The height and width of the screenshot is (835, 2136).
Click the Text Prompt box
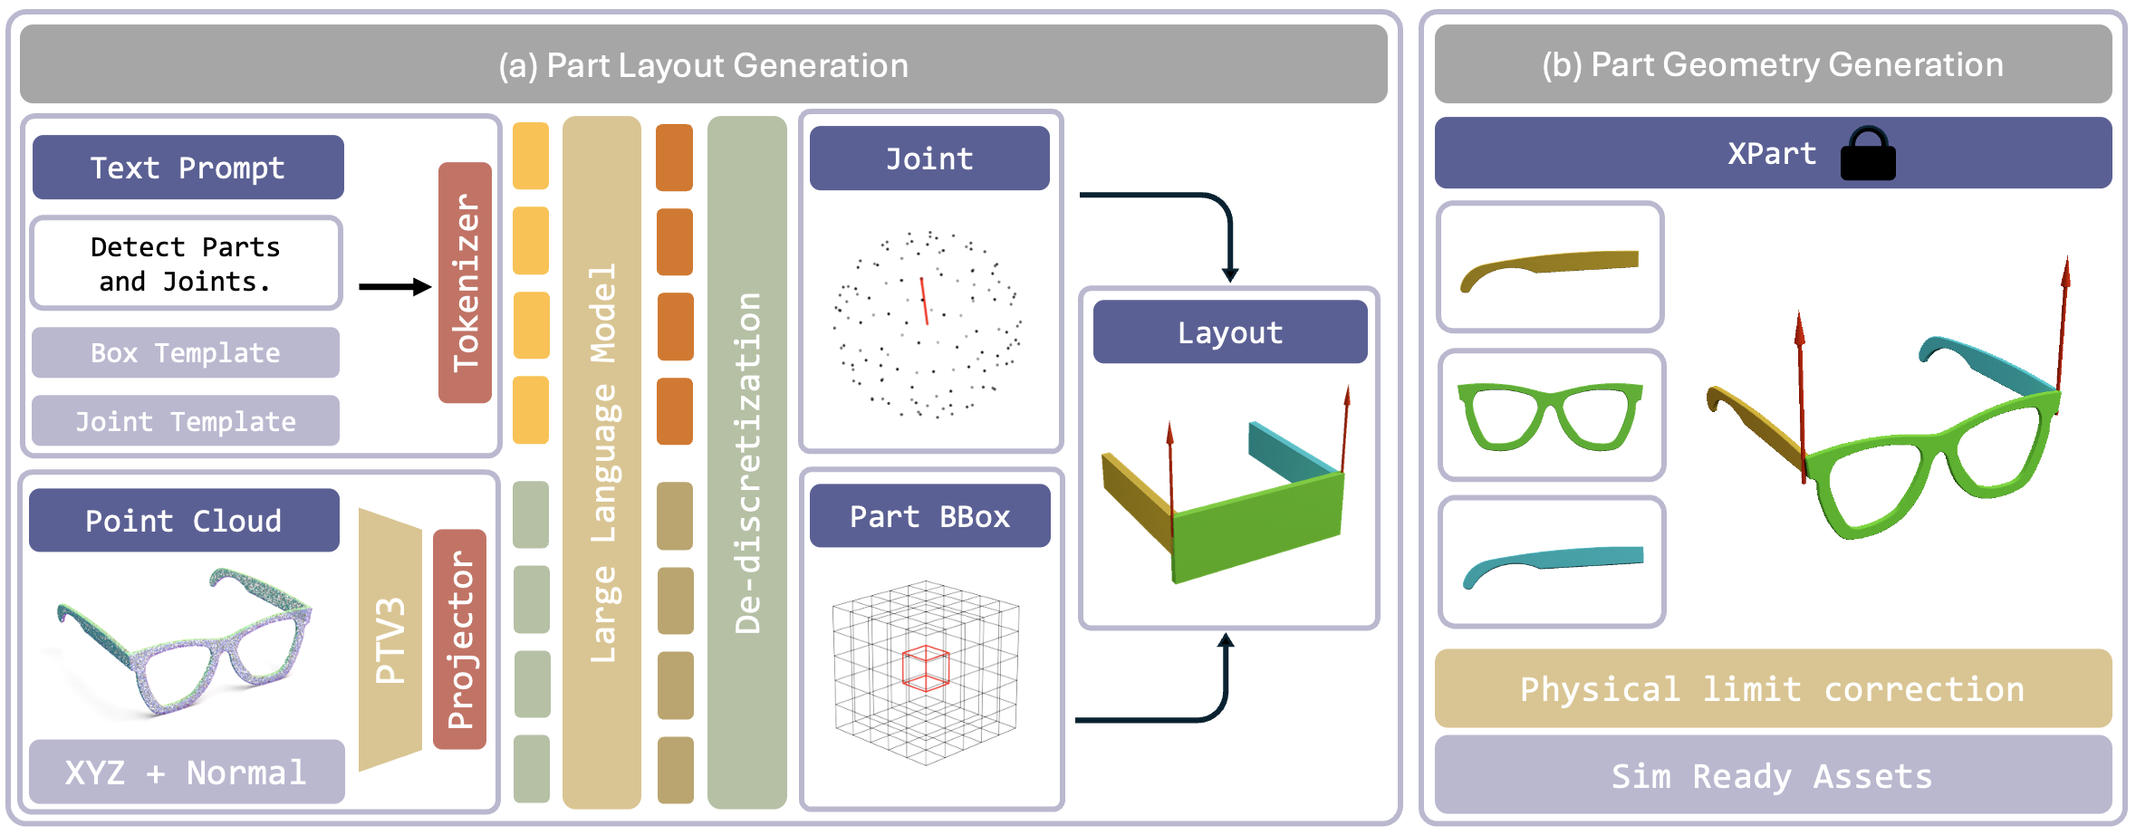(x=188, y=168)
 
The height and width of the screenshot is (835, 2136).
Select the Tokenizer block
(x=465, y=283)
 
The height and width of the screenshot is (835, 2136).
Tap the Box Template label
(x=186, y=352)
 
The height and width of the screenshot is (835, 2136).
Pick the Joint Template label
(x=186, y=421)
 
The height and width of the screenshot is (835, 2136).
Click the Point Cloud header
(x=184, y=521)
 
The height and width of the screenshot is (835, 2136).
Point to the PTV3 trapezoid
(x=390, y=639)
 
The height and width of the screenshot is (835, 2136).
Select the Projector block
(x=460, y=639)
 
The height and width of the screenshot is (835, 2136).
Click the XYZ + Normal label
(x=187, y=772)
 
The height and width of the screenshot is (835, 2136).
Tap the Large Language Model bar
(x=601, y=462)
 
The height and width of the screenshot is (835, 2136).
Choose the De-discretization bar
(x=747, y=462)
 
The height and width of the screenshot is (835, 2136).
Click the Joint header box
(x=929, y=158)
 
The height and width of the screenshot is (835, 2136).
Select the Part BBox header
(x=930, y=516)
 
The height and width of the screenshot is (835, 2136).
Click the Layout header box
(x=1230, y=332)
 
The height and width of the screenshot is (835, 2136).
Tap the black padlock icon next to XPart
(x=1868, y=154)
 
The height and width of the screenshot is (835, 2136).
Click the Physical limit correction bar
(x=1773, y=688)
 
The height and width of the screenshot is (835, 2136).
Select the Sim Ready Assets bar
(x=1773, y=775)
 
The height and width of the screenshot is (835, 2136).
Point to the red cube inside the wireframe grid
(x=926, y=668)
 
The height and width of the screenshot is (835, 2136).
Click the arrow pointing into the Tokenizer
(x=395, y=287)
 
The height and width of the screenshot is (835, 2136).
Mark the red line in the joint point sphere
(x=924, y=301)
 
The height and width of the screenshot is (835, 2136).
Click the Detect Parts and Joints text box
(x=186, y=264)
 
